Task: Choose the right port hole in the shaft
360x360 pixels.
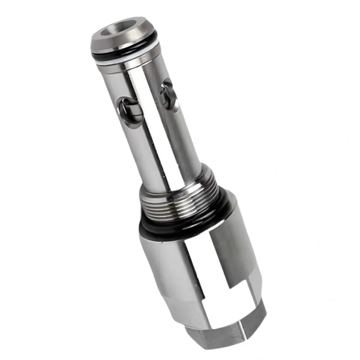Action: (169, 95)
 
